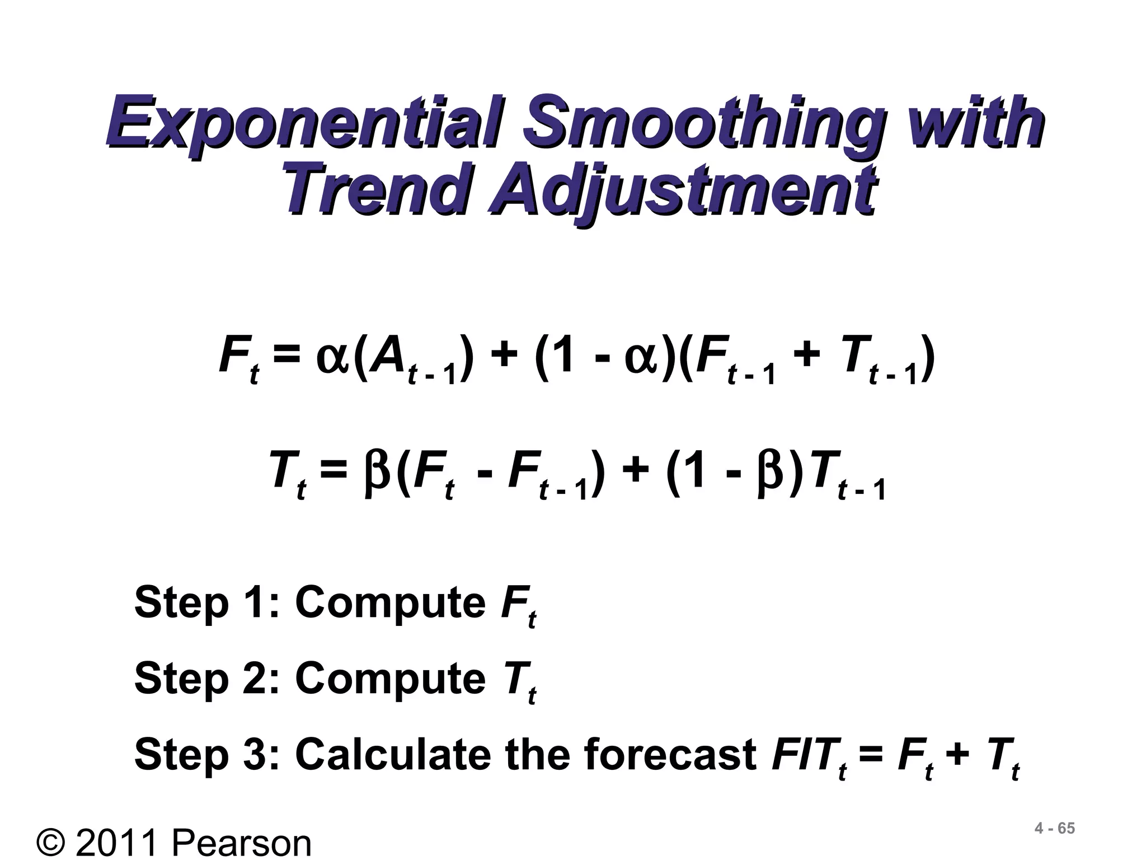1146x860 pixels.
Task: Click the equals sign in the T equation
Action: (x=334, y=475)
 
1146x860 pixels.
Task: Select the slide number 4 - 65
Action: (x=1055, y=829)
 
